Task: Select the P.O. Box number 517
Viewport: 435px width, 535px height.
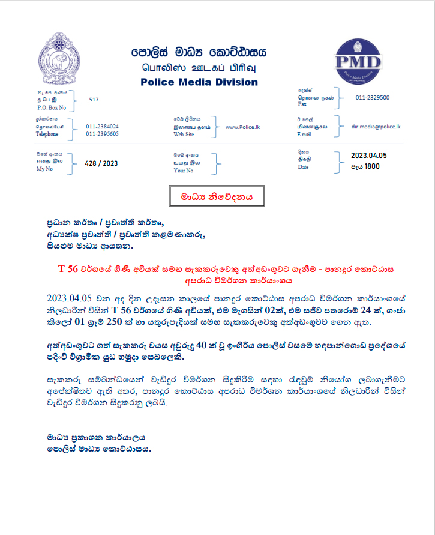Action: point(94,100)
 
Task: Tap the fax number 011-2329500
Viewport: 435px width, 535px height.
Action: point(372,97)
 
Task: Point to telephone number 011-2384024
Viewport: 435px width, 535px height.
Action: point(102,127)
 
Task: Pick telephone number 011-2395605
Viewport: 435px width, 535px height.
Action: point(102,134)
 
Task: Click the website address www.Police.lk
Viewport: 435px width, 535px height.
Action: point(242,127)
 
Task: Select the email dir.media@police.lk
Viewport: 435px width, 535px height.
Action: point(376,127)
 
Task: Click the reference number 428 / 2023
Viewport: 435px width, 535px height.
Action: point(101,163)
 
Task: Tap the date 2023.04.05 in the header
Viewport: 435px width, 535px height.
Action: point(368,156)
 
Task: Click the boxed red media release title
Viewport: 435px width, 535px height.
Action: point(214,196)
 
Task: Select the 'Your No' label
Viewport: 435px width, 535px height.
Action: point(183,171)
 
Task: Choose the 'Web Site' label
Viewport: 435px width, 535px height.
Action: point(184,135)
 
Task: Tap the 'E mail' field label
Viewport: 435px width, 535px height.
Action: point(305,135)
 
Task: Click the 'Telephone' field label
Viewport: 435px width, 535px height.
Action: point(48,135)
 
